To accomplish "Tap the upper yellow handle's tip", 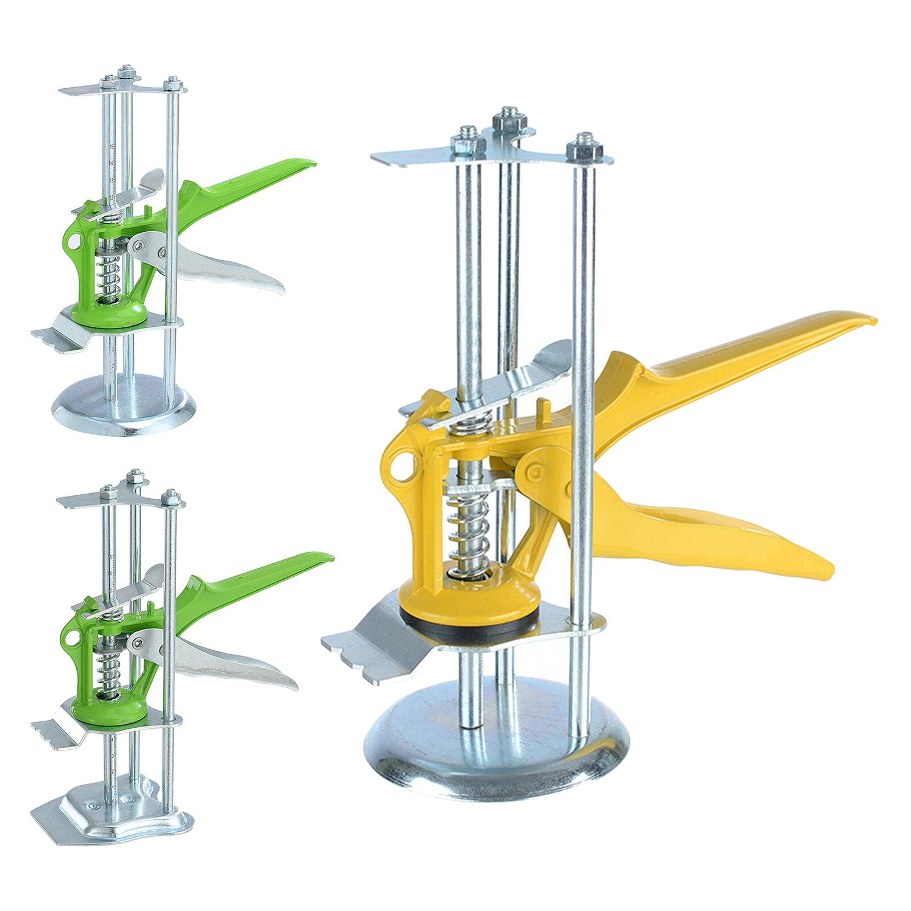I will coord(863,320).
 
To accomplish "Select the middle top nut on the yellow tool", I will coord(508,121).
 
